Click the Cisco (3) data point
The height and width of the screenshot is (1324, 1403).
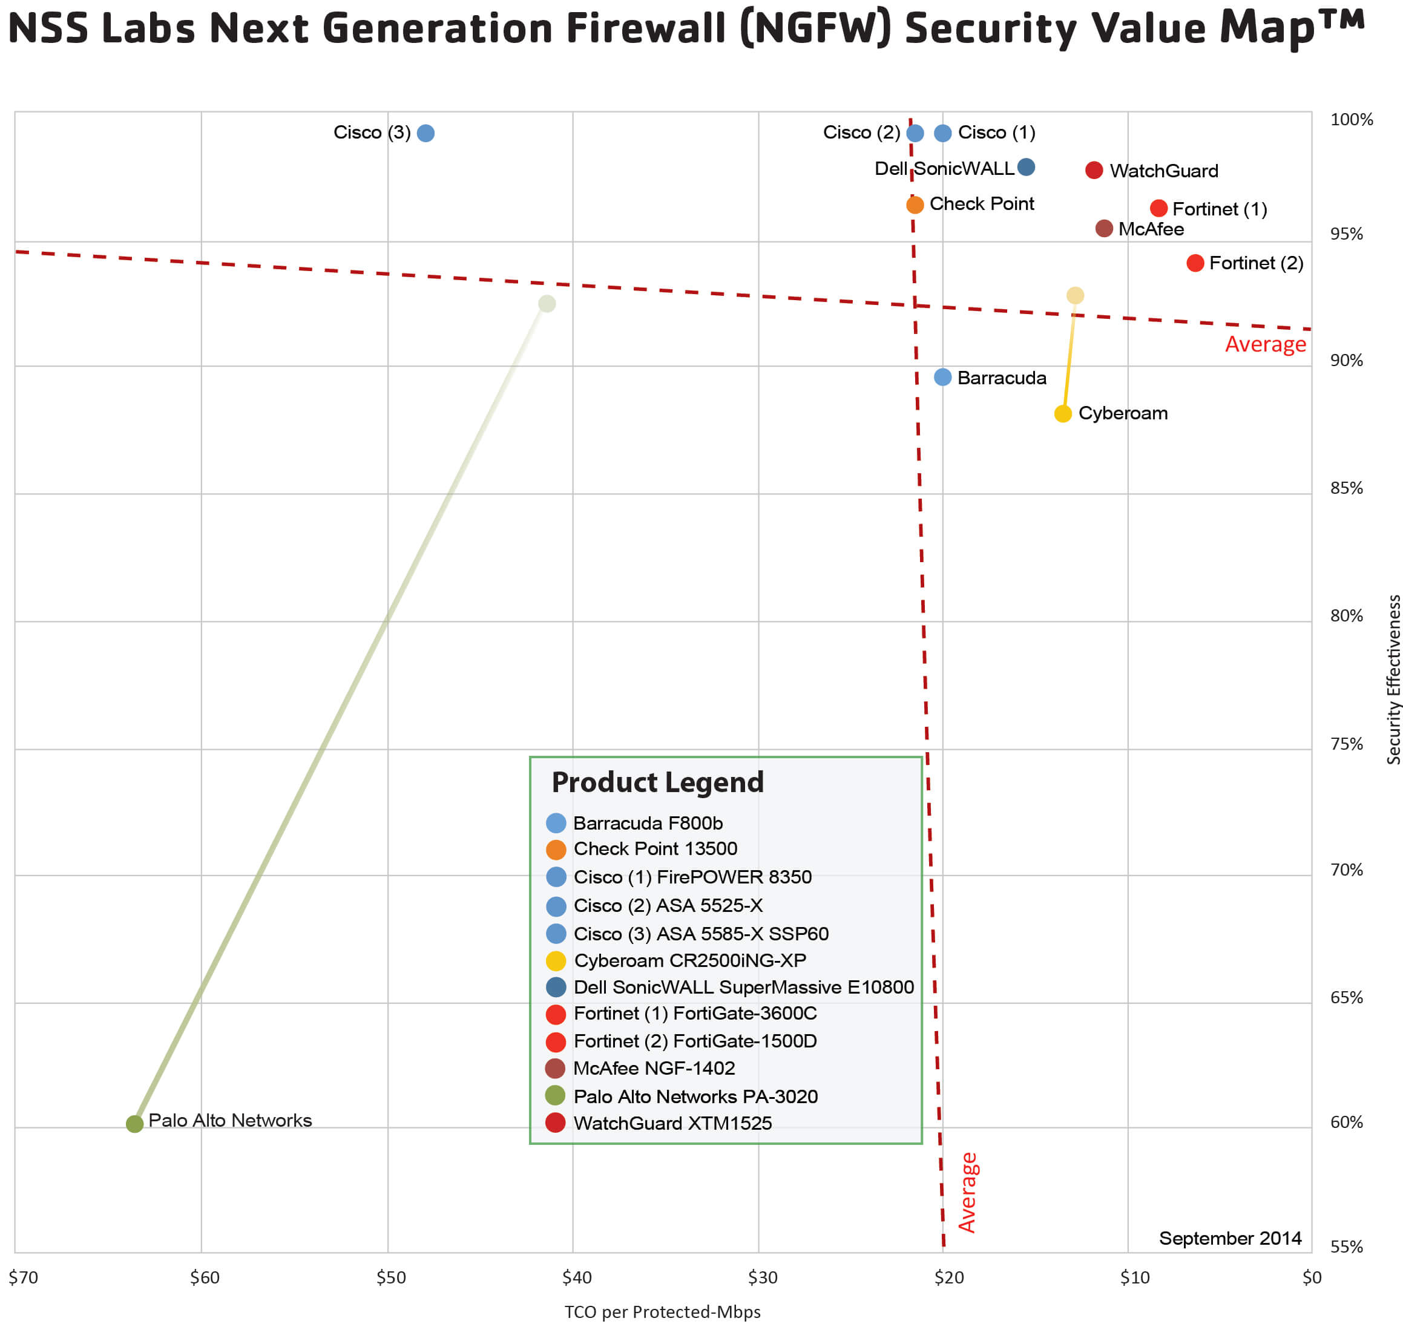(425, 133)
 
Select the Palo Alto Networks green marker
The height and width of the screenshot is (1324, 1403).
(134, 1123)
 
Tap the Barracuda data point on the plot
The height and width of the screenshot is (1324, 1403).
(942, 377)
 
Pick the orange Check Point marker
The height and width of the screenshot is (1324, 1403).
(915, 205)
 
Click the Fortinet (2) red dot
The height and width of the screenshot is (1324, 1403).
(1194, 263)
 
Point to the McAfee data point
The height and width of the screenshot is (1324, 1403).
(1103, 229)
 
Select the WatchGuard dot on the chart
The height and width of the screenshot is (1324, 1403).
(1093, 170)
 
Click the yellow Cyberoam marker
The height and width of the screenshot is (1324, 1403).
(1063, 413)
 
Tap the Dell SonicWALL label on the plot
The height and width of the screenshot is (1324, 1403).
(944, 169)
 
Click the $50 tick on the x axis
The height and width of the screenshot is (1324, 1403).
(390, 1277)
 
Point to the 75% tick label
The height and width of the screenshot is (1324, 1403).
(1346, 744)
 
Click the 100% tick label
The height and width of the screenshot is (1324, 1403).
(1351, 120)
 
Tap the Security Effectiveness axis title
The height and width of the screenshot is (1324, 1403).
(1393, 679)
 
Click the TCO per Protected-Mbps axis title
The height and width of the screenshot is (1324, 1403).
(662, 1311)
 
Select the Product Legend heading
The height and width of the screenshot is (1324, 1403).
(657, 782)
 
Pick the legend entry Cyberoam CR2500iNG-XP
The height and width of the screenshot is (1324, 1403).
(689, 960)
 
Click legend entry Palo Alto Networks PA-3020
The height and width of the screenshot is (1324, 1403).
(695, 1096)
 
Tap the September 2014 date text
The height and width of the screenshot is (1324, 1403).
(1230, 1238)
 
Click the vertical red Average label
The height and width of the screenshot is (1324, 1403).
(967, 1193)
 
